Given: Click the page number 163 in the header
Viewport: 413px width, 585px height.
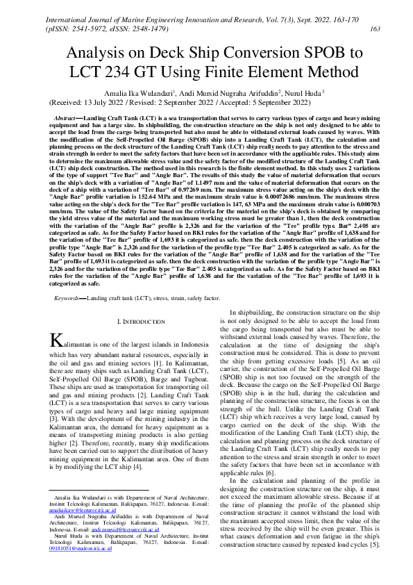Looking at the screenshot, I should click(x=375, y=28).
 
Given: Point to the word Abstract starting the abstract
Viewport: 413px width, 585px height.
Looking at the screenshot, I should click(x=65, y=119).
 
